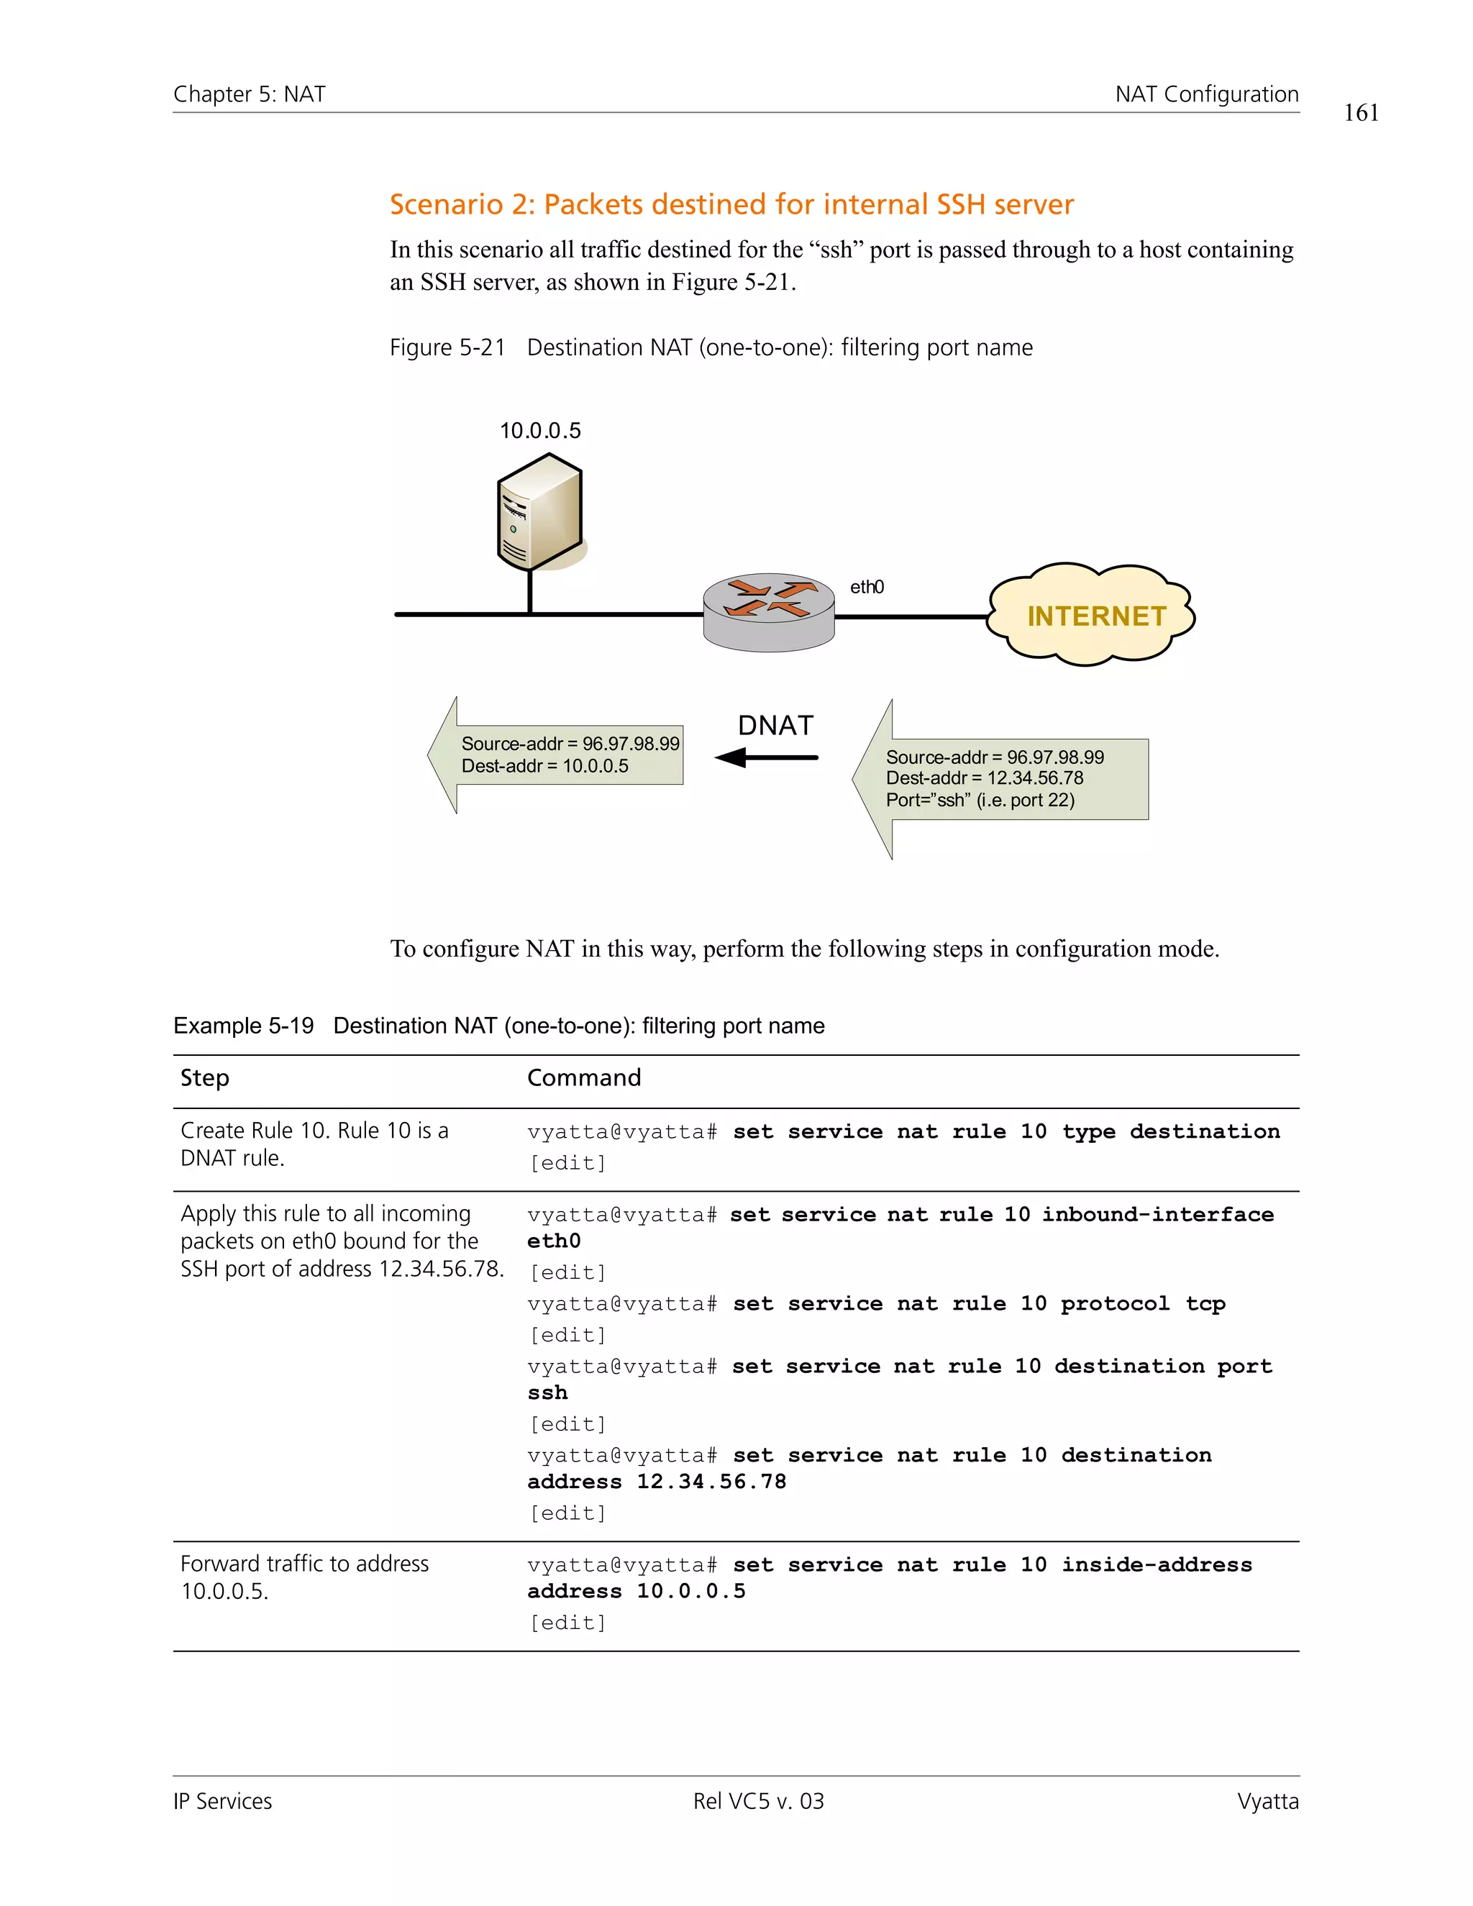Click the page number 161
(x=1360, y=113)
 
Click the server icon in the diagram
(x=539, y=512)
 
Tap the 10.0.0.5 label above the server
(x=539, y=430)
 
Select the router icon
(x=769, y=612)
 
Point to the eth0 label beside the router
(x=867, y=586)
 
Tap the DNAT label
(x=775, y=725)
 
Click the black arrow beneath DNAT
(x=766, y=757)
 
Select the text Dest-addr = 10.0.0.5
(x=544, y=766)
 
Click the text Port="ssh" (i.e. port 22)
(x=980, y=801)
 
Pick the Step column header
(x=204, y=1078)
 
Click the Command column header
(x=584, y=1078)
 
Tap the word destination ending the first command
(x=1204, y=1131)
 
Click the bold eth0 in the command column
(x=553, y=1241)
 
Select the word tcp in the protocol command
(x=1205, y=1303)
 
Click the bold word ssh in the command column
(x=547, y=1393)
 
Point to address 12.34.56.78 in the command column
(x=656, y=1482)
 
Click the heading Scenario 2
(x=731, y=204)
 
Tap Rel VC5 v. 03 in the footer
(x=757, y=1801)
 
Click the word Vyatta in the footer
(x=1267, y=1801)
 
